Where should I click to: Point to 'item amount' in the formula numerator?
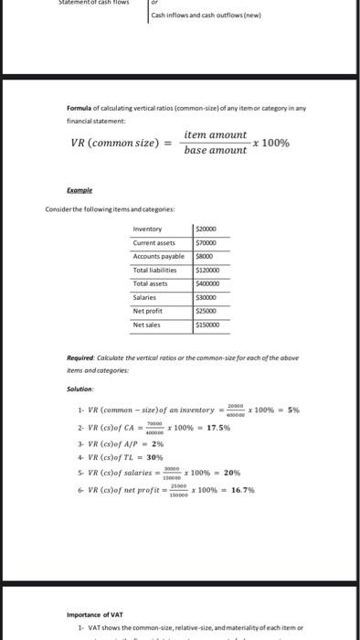pyautogui.click(x=215, y=134)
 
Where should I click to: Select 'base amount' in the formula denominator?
pyautogui.click(x=215, y=150)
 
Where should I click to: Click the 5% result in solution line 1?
pyautogui.click(x=293, y=411)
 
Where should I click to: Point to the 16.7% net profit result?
pyautogui.click(x=243, y=490)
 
